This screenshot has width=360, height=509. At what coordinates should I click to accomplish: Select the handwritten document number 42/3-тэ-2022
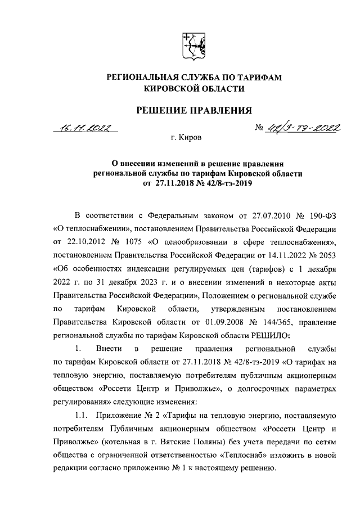[x=301, y=128]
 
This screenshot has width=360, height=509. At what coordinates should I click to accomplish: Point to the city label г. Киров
[x=190, y=137]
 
